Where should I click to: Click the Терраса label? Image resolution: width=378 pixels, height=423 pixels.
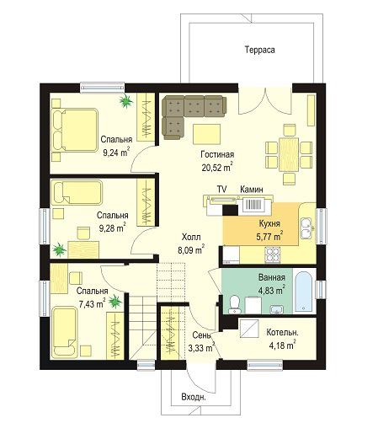coord(259,50)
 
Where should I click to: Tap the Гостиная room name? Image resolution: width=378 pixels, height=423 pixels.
coord(217,154)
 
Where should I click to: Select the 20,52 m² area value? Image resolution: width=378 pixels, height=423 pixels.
coord(217,168)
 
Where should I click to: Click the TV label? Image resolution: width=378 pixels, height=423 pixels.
coord(221,190)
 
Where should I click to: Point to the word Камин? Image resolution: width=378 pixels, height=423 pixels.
coord(252,190)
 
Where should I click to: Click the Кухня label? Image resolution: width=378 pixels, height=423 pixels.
coord(269,223)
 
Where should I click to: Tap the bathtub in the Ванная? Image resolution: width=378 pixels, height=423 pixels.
coord(303,292)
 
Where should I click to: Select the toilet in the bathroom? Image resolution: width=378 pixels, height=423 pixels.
coord(234,305)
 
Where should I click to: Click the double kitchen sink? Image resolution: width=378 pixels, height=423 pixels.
coord(306,228)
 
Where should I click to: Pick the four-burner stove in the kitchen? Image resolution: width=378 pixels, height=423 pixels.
coord(273,254)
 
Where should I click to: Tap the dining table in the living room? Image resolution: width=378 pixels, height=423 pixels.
coord(289,154)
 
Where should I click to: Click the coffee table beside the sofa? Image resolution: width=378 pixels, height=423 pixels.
coord(206,135)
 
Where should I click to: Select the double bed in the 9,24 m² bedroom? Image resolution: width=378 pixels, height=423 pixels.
coord(74,131)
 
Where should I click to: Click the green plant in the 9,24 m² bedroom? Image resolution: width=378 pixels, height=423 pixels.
coord(125,100)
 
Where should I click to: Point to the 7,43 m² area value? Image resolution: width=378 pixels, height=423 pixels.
coord(92,303)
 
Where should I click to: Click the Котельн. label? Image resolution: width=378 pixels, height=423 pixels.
coord(282,333)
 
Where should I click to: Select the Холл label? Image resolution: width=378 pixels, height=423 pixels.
coord(191,237)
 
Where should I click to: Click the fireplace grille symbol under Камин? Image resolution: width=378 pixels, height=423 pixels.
coord(253,205)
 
